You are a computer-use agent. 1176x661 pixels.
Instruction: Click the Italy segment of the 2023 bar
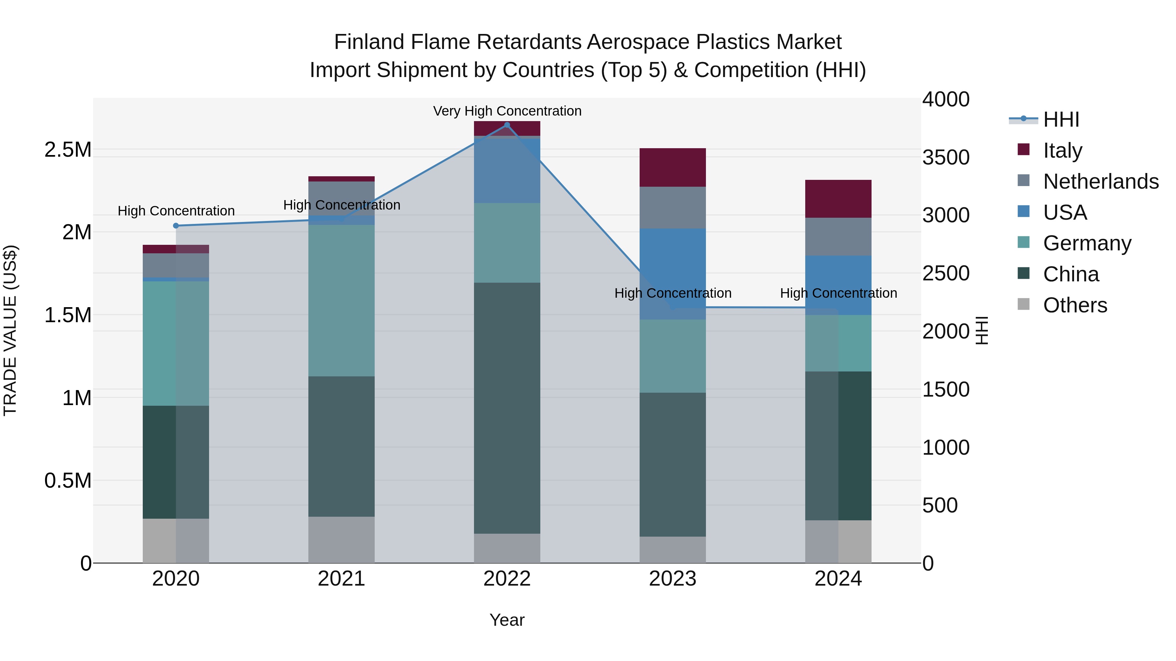pos(673,167)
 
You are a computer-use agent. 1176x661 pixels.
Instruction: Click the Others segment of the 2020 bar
pos(176,541)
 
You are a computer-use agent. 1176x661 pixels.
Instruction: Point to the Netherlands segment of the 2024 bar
pos(838,236)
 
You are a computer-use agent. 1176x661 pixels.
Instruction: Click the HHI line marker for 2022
pos(507,125)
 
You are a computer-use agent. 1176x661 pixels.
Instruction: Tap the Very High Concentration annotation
pos(507,111)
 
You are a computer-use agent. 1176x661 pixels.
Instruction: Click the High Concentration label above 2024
pos(838,293)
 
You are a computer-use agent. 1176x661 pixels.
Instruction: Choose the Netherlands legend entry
pos(1100,181)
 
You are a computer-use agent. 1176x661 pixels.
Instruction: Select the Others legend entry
pos(1075,305)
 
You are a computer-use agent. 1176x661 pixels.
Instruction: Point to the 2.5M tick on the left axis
pos(68,150)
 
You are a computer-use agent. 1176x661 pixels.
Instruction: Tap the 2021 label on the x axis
pos(341,579)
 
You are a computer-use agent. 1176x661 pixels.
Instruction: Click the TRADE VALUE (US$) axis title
pos(10,330)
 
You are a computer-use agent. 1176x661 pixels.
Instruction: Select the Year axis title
pos(507,620)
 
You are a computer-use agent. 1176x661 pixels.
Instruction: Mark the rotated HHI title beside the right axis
pos(982,330)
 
